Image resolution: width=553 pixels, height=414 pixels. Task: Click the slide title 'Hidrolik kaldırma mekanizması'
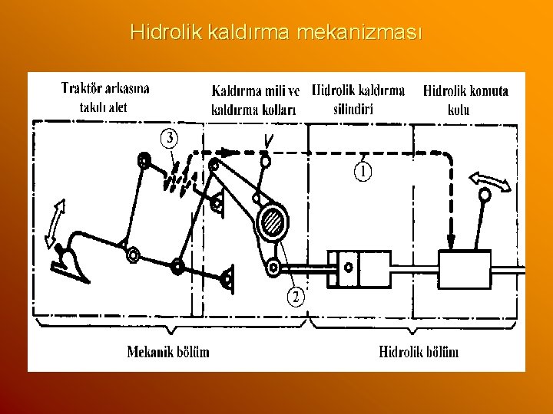(276, 33)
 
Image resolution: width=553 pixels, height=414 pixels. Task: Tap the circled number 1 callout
(364, 170)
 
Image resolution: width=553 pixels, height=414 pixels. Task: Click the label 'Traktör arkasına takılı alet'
(105, 97)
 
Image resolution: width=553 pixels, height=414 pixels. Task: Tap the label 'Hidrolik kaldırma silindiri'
(359, 99)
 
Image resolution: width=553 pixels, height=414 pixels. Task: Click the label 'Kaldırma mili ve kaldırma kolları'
(256, 100)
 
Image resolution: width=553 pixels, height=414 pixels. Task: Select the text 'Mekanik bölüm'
(168, 352)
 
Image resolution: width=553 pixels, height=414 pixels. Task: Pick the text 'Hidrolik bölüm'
(419, 352)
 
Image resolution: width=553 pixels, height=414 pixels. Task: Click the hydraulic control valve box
(465, 268)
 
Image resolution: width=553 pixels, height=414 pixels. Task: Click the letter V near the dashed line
(268, 140)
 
